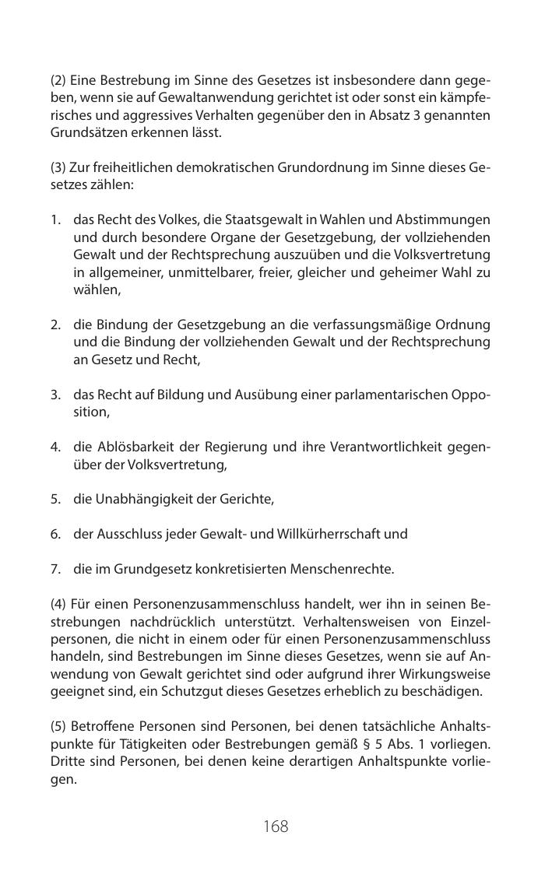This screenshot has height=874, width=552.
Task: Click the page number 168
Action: [x=276, y=826]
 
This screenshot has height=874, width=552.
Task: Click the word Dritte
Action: [x=68, y=761]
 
